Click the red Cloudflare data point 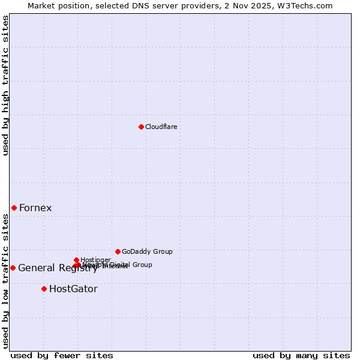[x=141, y=127]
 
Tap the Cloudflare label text [x=161, y=127]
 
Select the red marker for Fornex [x=14, y=208]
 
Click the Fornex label [x=35, y=208]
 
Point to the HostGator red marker [x=44, y=289]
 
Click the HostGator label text [x=73, y=289]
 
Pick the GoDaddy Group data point [x=118, y=251]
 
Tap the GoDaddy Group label [x=147, y=252]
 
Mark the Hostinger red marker [x=76, y=260]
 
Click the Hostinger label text [x=95, y=260]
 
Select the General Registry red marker [x=13, y=268]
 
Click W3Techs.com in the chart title [x=309, y=5]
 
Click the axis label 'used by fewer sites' [x=62, y=355]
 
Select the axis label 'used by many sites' [x=301, y=355]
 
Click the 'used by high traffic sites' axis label [x=5, y=85]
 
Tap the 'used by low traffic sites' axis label [x=5, y=281]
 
